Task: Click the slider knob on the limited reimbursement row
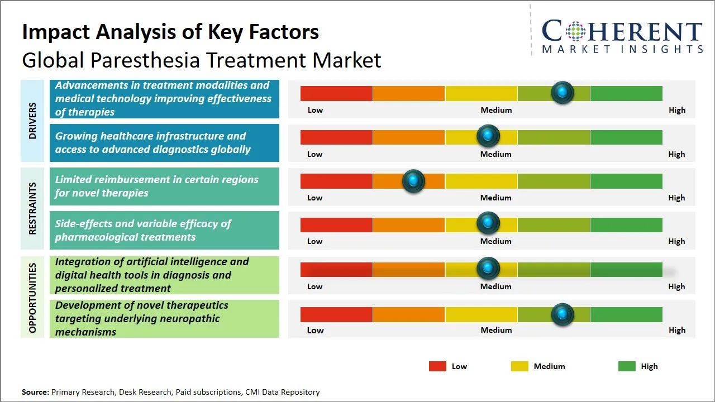[x=413, y=181]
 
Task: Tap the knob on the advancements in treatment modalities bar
[x=562, y=92]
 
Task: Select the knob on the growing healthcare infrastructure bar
[x=488, y=136]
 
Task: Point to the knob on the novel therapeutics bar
[x=562, y=314]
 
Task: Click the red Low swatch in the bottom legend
[x=437, y=366]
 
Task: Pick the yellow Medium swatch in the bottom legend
[x=519, y=366]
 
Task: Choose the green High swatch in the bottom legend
[x=627, y=366]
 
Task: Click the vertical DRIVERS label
[x=32, y=121]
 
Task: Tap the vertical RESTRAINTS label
[x=32, y=208]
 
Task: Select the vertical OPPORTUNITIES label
[x=32, y=298]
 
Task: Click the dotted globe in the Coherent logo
[x=575, y=31]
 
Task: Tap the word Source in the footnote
[x=35, y=392]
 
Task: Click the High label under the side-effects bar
[x=676, y=241]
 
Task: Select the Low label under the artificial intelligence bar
[x=314, y=286]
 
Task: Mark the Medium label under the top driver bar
[x=496, y=110]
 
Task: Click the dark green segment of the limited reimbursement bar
[x=626, y=181]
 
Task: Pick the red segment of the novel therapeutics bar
[x=336, y=314]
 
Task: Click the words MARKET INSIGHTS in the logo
[x=622, y=49]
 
